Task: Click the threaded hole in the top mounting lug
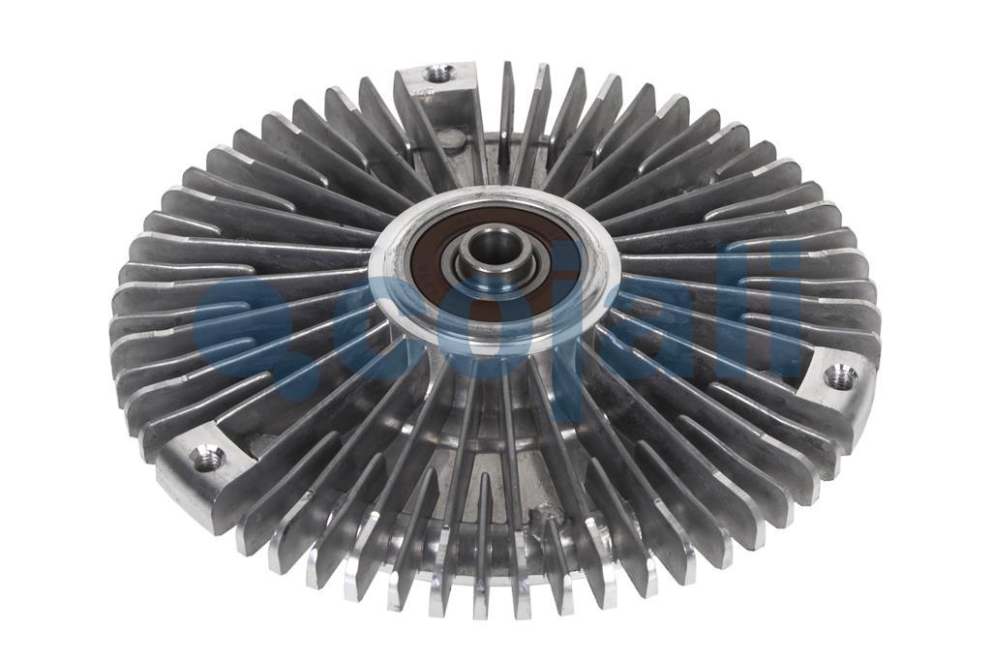[x=438, y=73]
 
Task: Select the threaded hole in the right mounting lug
[x=840, y=377]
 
